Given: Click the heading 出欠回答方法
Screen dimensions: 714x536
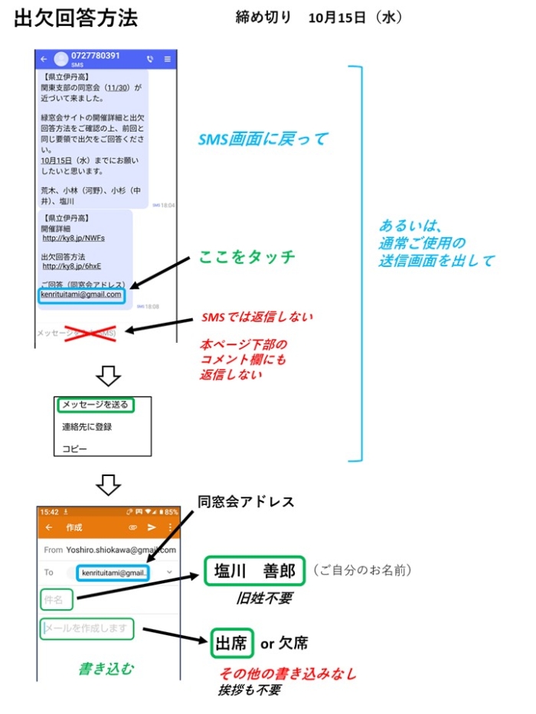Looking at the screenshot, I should (x=76, y=19).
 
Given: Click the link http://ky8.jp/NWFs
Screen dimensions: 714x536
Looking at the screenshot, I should (x=74, y=237).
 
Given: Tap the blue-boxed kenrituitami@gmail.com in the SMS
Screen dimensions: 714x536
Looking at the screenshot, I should (x=82, y=295).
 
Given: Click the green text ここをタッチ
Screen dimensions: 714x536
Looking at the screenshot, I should (x=247, y=257).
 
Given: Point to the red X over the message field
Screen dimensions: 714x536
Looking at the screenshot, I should (x=90, y=333).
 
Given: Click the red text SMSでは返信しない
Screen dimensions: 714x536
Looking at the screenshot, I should (x=257, y=316).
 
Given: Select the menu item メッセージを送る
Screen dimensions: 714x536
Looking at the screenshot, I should (x=95, y=405).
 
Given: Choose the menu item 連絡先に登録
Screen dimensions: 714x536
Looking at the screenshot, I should (x=87, y=426).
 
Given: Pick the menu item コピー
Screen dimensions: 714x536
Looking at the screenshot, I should (x=74, y=448).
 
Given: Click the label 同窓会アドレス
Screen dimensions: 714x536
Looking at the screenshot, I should (x=246, y=502).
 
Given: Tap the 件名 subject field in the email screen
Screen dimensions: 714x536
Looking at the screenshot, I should (x=57, y=598).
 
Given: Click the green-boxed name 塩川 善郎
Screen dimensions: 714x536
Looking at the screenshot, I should (x=255, y=571).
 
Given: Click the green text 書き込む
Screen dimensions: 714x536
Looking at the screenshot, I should (x=106, y=668).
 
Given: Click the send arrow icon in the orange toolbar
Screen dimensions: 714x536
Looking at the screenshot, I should (x=152, y=527).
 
